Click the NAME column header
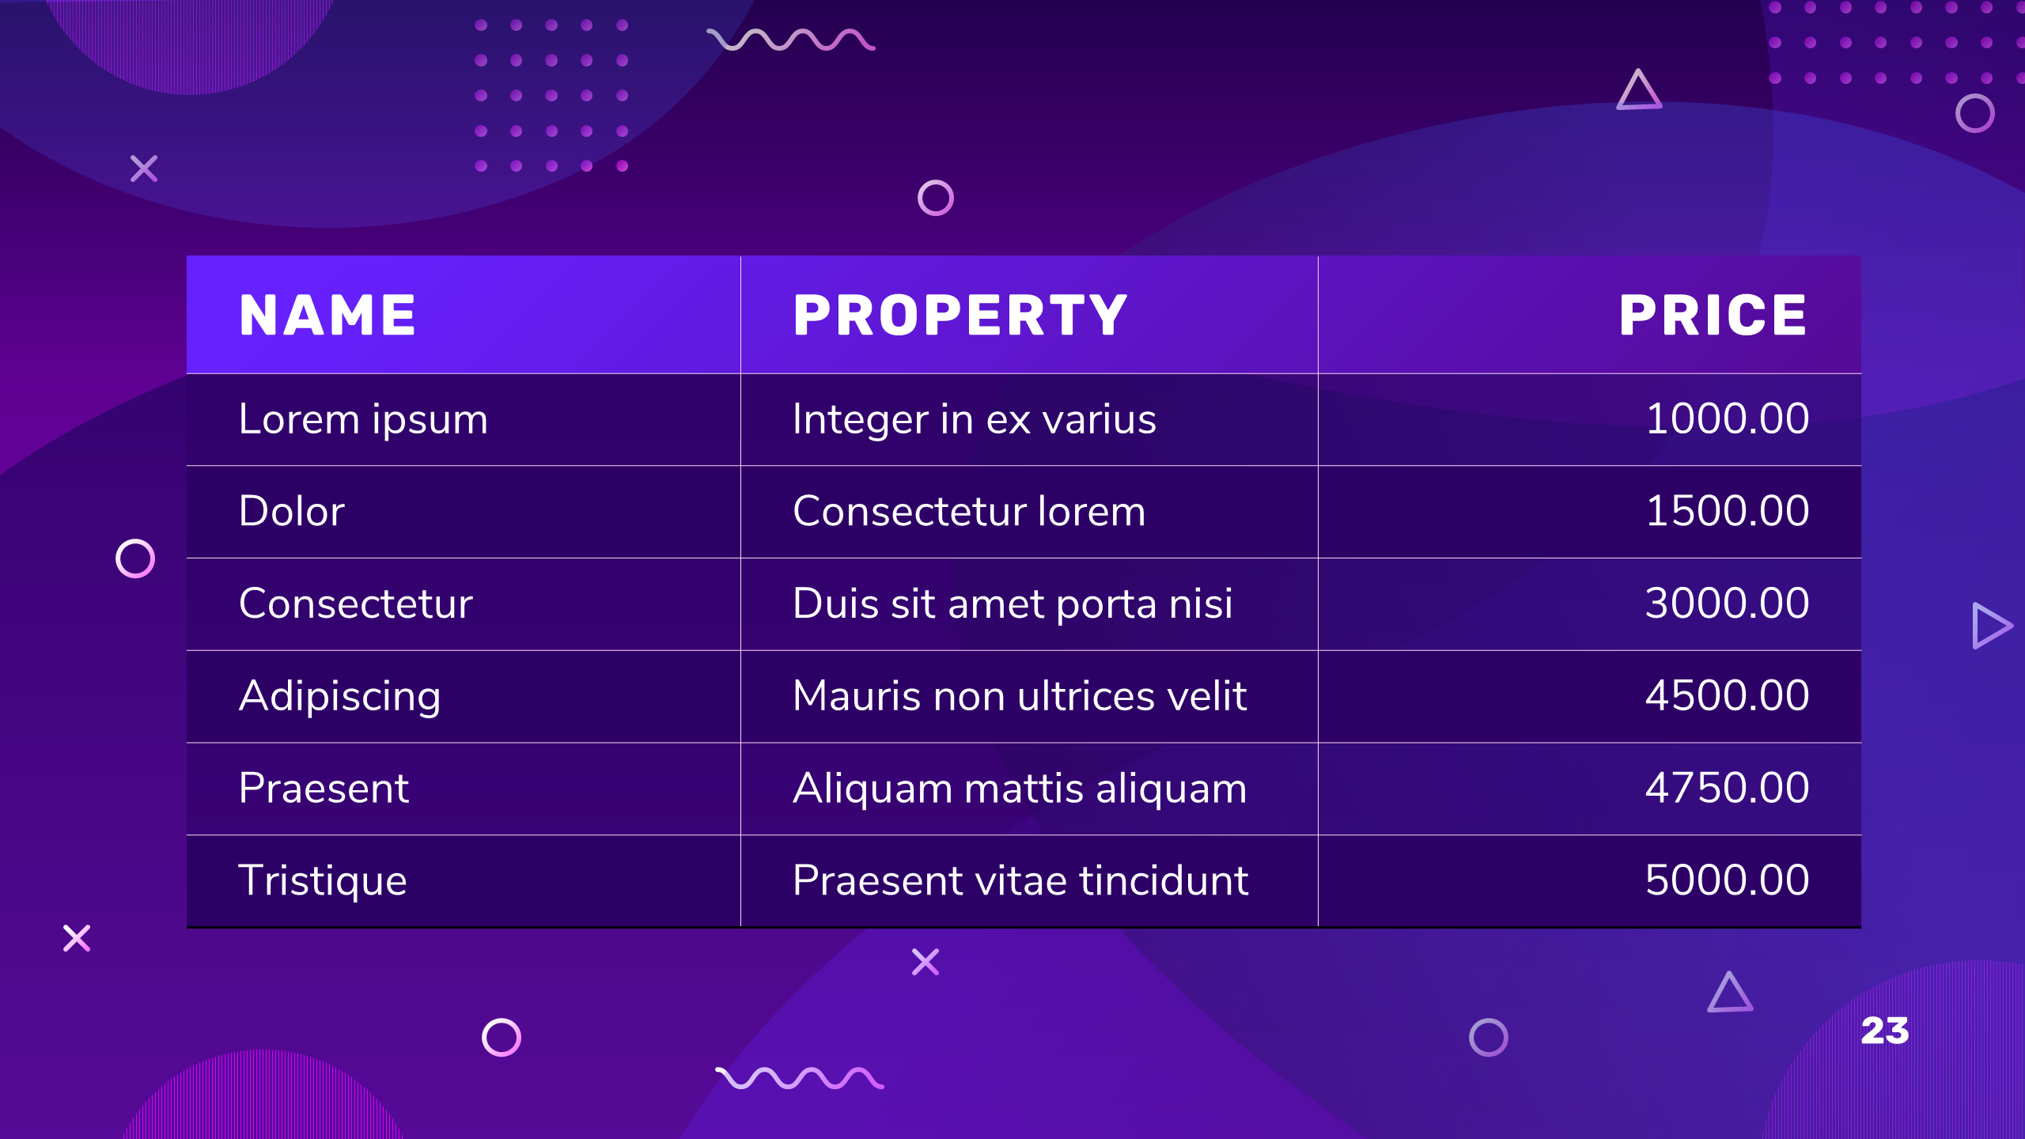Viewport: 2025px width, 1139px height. click(x=327, y=315)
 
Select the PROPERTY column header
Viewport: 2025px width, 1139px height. click(x=960, y=315)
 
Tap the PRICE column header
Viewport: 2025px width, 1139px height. click(x=1713, y=315)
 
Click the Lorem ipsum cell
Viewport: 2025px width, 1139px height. click(x=363, y=419)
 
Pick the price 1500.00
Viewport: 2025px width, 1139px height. click(x=1728, y=511)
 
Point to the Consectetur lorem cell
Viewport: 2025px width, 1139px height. click(x=969, y=511)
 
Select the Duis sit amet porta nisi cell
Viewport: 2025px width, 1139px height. click(x=1012, y=604)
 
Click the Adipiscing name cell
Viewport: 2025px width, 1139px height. click(x=340, y=697)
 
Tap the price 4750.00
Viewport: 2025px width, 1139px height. click(x=1728, y=788)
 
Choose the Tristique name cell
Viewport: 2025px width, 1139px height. click(x=323, y=881)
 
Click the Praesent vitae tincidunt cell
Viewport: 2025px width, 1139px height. click(x=1020, y=880)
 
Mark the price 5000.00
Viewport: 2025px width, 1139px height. click(x=1728, y=880)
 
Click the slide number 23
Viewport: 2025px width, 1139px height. click(x=1885, y=1031)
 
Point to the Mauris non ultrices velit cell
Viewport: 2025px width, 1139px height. click(x=1020, y=696)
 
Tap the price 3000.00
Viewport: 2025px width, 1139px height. click(x=1728, y=604)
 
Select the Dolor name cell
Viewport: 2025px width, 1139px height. click(x=292, y=511)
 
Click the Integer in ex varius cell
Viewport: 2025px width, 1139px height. click(x=975, y=419)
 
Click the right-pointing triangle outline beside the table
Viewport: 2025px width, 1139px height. click(x=1974, y=626)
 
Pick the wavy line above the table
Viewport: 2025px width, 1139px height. click(x=791, y=40)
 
